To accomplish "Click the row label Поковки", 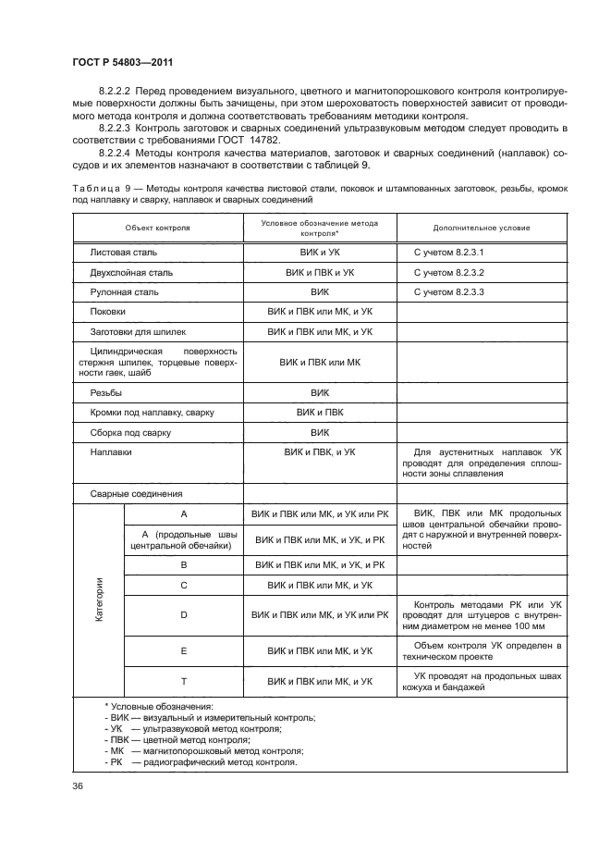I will pyautogui.click(x=108, y=313).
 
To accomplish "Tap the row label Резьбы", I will pyautogui.click(x=106, y=392).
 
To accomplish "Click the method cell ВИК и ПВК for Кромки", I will pyautogui.click(x=320, y=412).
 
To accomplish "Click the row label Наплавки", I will pyautogui.click(x=111, y=453).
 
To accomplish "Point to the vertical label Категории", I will pyautogui.click(x=99, y=600).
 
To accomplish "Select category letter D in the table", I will pyautogui.click(x=184, y=614).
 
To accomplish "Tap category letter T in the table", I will pyautogui.click(x=184, y=681).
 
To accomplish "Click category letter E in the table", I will pyautogui.click(x=184, y=651).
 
